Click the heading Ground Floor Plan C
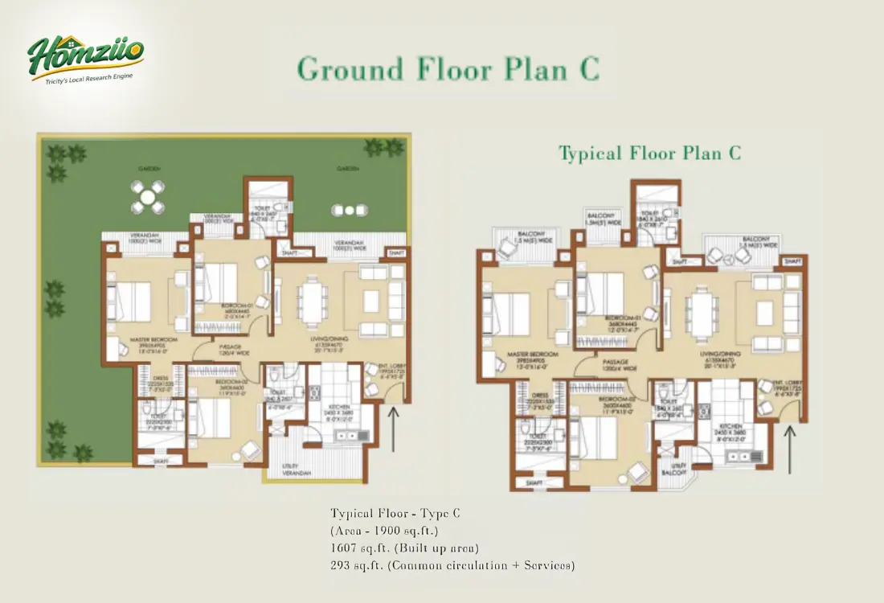(448, 69)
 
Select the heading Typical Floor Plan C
(649, 153)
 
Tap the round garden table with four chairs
(147, 196)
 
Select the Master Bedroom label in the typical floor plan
(526, 355)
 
